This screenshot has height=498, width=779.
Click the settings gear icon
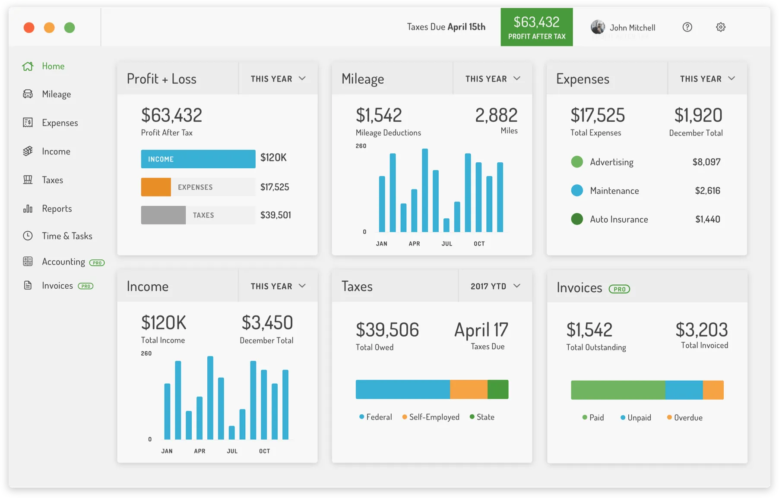click(x=721, y=27)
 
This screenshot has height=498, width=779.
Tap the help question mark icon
click(x=687, y=27)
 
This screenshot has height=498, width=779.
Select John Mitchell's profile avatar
click(x=598, y=27)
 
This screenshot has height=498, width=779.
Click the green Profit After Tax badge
click(x=537, y=27)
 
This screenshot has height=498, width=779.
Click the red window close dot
click(x=29, y=28)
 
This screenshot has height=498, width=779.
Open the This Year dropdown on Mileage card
click(x=493, y=79)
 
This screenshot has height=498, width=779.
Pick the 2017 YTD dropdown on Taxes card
click(x=495, y=286)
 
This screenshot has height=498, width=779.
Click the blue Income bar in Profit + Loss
click(x=198, y=159)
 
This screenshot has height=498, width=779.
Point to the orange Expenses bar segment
click(x=156, y=187)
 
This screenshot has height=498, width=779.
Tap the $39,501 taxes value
click(x=275, y=215)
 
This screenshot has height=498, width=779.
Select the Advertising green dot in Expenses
click(x=577, y=162)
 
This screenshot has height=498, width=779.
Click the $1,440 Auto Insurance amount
click(x=708, y=219)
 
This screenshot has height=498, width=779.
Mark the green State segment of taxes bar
click(x=498, y=389)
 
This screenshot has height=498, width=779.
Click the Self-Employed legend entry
click(x=431, y=417)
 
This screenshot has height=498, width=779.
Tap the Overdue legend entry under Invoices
click(x=685, y=417)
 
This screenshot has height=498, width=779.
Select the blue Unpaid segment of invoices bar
click(x=684, y=390)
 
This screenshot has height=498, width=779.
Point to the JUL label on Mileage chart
click(x=447, y=244)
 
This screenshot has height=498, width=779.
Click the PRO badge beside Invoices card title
click(x=619, y=289)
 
